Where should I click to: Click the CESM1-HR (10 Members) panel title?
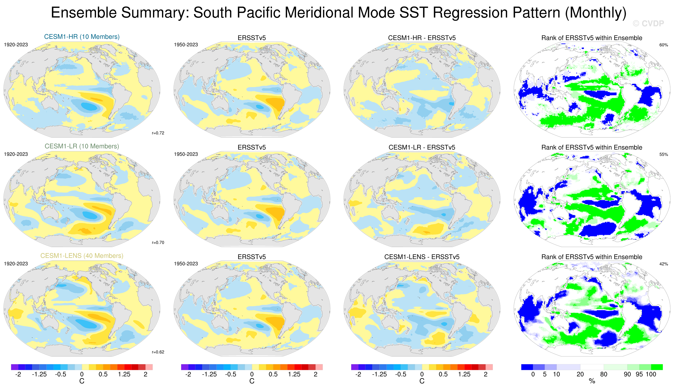click(x=82, y=37)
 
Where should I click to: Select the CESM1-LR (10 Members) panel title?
click(x=82, y=146)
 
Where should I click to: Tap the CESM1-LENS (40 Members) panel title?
click(x=82, y=256)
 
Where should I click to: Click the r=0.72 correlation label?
click(x=158, y=133)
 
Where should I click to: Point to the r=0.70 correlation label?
click(x=158, y=243)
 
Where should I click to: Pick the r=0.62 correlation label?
click(x=158, y=352)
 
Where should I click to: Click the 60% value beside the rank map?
click(x=663, y=45)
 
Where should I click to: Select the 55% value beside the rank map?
click(x=663, y=155)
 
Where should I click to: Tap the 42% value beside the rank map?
click(x=663, y=264)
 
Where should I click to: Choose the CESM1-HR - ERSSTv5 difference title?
click(x=422, y=38)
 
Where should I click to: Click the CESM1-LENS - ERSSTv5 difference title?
click(x=422, y=257)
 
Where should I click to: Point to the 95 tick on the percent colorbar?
click(x=639, y=374)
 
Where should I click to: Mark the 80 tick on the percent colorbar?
click(x=604, y=374)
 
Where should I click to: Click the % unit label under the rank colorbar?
click(x=592, y=381)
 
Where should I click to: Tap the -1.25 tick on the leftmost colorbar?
click(x=39, y=374)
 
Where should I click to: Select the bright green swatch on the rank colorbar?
click(x=657, y=367)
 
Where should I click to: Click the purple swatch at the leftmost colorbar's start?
click(x=15, y=367)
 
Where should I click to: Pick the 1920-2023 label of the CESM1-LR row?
click(x=16, y=154)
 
